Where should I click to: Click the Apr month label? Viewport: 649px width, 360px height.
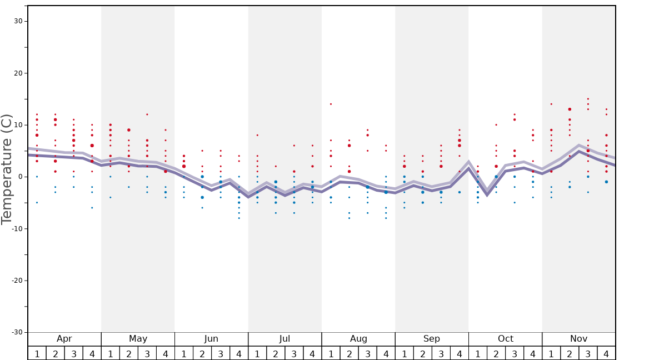click(x=64, y=339)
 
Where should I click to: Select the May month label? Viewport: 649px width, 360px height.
click(x=138, y=339)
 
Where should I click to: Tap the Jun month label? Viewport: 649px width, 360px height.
click(x=211, y=339)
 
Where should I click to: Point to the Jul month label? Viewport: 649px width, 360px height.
click(x=284, y=339)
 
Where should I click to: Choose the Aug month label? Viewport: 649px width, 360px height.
click(x=358, y=339)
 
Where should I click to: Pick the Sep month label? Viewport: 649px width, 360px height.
click(x=432, y=339)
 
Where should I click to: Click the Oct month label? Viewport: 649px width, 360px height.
click(x=505, y=339)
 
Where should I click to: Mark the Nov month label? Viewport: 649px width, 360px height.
click(x=578, y=339)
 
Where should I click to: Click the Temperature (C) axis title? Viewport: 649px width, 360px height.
click(x=7, y=169)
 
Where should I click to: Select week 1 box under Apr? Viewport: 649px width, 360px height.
click(x=37, y=353)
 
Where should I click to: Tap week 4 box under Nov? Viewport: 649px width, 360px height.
click(x=606, y=353)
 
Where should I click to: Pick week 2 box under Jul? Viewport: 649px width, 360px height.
click(x=276, y=353)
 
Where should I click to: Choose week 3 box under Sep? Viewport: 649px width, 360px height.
click(x=441, y=353)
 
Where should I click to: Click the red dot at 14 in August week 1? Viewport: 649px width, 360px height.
click(x=331, y=104)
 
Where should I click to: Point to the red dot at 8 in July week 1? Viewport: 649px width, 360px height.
click(x=257, y=135)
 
